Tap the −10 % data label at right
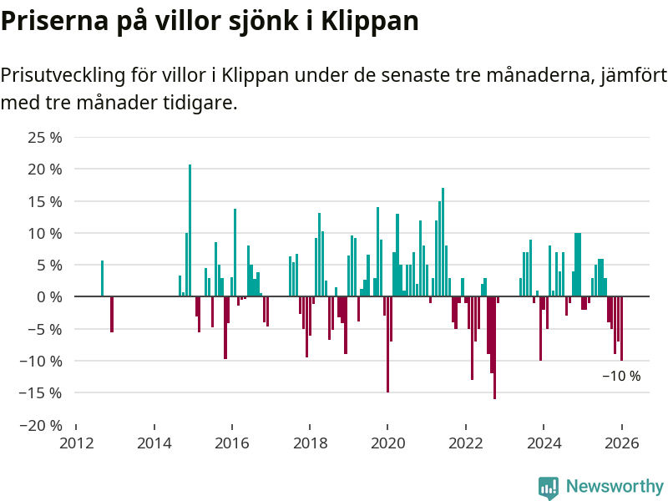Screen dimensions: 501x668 pyautogui.click(x=621, y=377)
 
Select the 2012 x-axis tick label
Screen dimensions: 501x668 pyautogui.click(x=76, y=443)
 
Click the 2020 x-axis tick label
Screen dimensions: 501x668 pyautogui.click(x=387, y=443)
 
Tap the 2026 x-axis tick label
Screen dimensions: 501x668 pyautogui.click(x=621, y=443)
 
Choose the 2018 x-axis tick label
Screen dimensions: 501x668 pyautogui.click(x=310, y=443)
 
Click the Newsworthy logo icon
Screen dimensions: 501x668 pyautogui.click(x=549, y=487)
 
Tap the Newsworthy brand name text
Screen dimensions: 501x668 pyautogui.click(x=615, y=486)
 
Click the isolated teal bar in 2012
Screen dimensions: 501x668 pyautogui.click(x=102, y=279)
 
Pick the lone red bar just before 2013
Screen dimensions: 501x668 pyautogui.click(x=112, y=314)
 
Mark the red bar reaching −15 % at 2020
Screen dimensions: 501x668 pyautogui.click(x=387, y=344)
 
